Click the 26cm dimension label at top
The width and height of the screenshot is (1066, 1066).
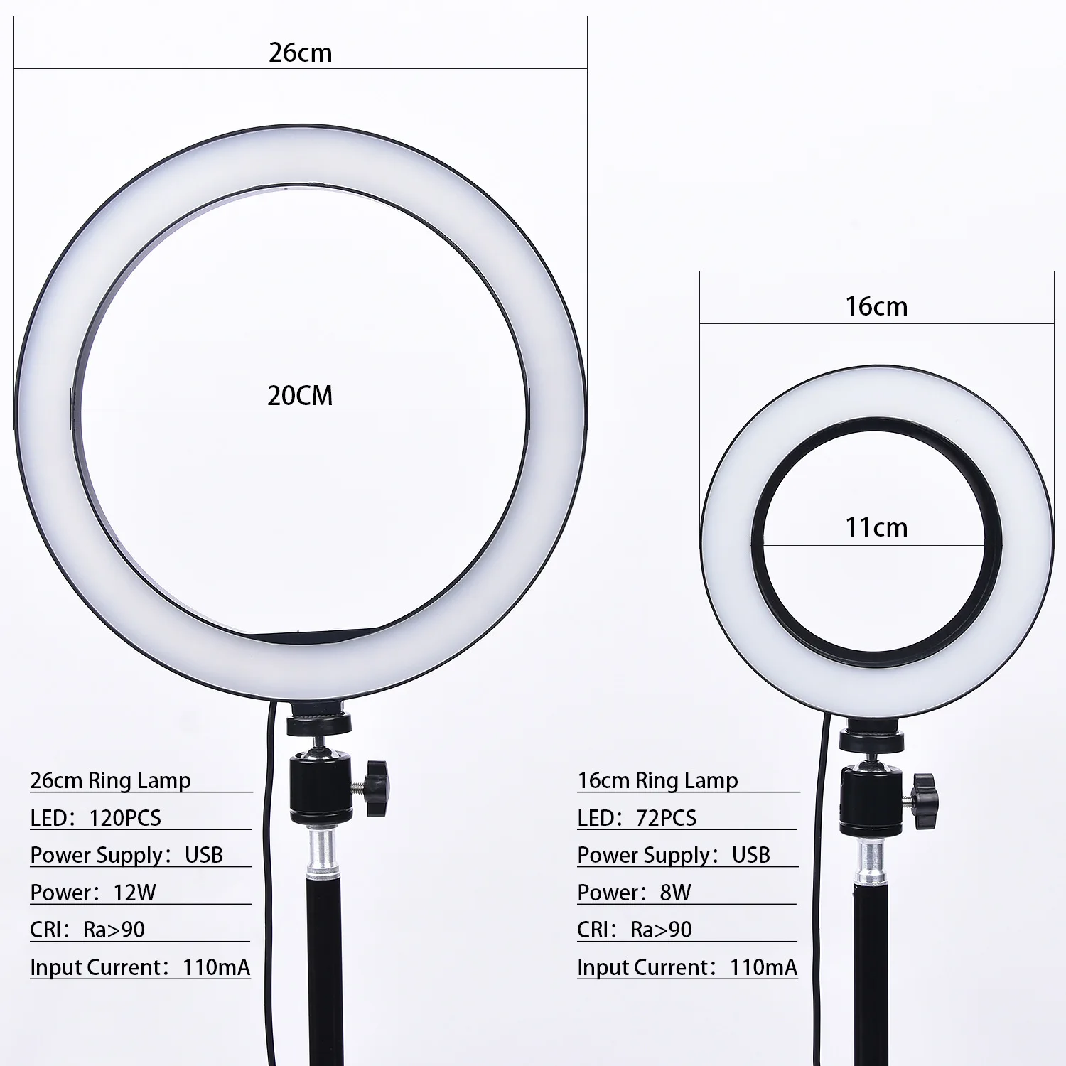(300, 53)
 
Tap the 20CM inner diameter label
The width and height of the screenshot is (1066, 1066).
(300, 396)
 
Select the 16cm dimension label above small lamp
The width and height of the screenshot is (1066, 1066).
(876, 306)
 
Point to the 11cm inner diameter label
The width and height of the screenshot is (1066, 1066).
(876, 528)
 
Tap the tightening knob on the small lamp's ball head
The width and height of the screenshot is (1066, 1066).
(925, 801)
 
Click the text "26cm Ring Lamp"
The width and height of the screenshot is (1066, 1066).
(110, 780)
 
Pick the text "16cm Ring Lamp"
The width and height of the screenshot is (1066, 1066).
(657, 780)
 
